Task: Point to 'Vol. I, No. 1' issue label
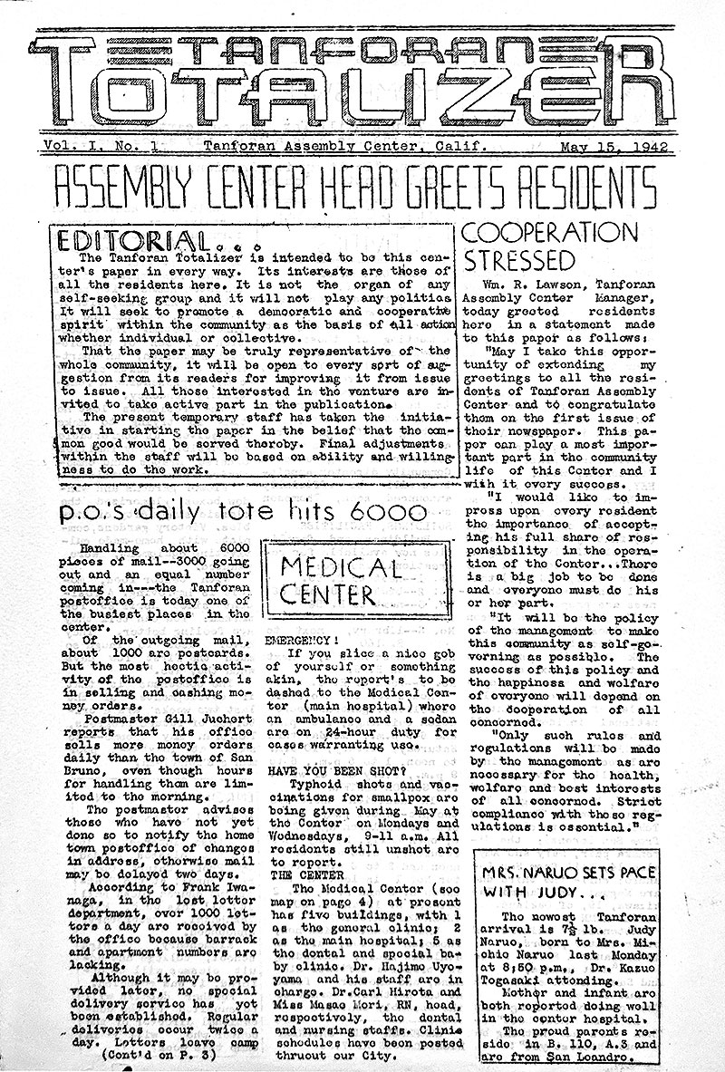(x=91, y=145)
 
